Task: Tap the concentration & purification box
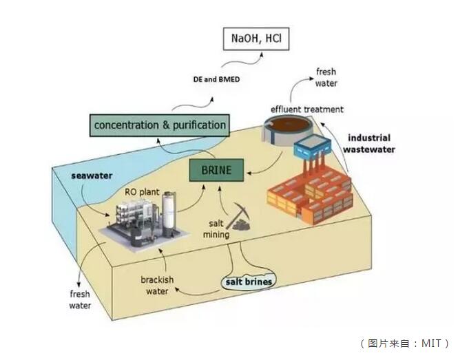160,125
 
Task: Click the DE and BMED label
216,80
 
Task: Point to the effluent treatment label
307,109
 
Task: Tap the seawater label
92,176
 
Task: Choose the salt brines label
249,282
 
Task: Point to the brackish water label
158,286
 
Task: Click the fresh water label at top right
326,78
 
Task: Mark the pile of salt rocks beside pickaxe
241,223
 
